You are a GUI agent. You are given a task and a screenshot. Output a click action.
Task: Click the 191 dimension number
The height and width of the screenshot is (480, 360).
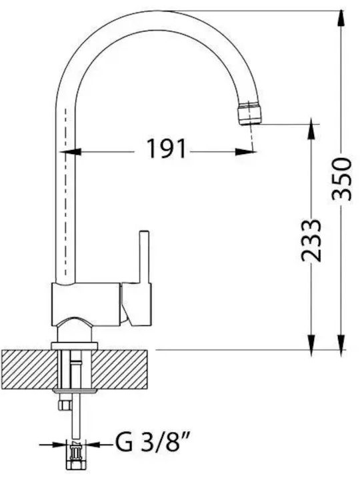pos(167,149)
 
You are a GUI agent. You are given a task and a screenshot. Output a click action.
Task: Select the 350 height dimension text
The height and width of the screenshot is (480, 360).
pos(342,179)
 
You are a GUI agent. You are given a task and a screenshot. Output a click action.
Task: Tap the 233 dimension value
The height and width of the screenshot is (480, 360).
pos(311,241)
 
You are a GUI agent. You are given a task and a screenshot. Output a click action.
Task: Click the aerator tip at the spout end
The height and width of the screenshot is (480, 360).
pos(250,114)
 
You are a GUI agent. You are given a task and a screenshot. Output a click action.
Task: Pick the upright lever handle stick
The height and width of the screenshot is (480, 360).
pos(144,257)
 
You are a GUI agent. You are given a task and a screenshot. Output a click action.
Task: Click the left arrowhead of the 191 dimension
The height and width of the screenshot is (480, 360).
pos(71,151)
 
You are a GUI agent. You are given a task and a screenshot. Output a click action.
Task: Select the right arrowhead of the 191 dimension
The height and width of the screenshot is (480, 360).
pos(245,151)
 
